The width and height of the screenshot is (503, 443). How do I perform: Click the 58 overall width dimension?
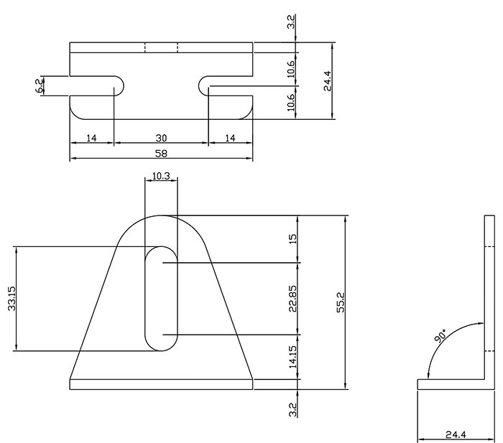point(161,153)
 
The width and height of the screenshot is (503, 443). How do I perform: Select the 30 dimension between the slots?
point(161,136)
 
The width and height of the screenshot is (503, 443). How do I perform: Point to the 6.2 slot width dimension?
point(40,86)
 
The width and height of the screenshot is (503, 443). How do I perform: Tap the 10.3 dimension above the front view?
point(161,176)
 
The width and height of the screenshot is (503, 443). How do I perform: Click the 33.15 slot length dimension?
point(11,299)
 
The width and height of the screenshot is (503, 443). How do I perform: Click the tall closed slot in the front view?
point(162,299)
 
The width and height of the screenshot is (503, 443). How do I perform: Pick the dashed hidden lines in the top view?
point(162,47)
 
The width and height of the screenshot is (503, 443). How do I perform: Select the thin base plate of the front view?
point(162,383)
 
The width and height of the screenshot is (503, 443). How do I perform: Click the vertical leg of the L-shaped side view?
point(492,302)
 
